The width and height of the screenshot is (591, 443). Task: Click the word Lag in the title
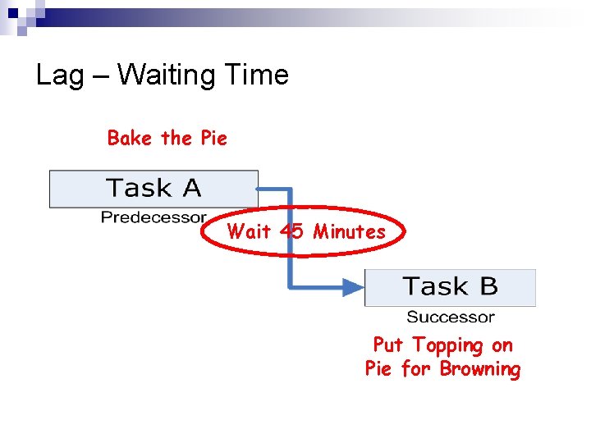61,75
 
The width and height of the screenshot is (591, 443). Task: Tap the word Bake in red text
130,138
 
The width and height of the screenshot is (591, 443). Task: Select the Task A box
153,189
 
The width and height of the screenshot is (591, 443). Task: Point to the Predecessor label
153,217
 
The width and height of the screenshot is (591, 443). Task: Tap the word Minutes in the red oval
349,231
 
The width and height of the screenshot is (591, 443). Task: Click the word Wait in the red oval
249,231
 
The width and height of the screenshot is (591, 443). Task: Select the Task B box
450,287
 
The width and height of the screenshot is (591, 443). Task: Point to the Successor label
451,317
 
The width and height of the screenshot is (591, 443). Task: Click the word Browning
479,369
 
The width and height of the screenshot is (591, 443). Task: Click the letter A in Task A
190,189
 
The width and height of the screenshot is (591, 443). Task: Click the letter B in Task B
488,287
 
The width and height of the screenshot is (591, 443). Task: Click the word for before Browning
415,369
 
